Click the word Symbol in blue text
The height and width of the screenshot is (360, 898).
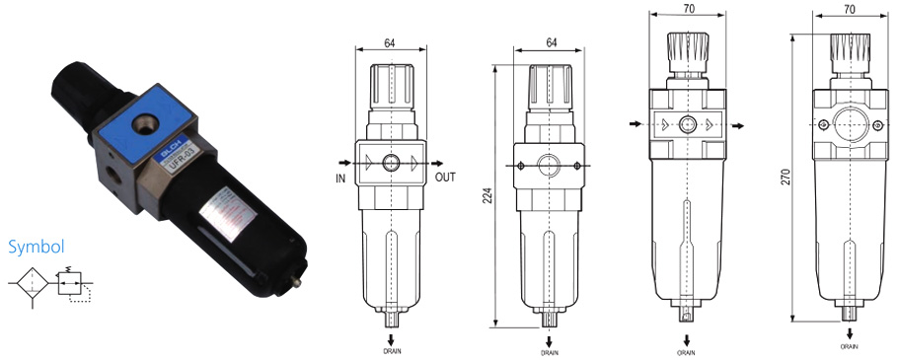pos(36,247)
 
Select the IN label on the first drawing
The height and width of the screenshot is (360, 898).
pos(338,179)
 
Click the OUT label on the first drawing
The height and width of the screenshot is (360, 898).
pos(445,179)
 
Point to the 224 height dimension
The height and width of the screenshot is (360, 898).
pos(487,196)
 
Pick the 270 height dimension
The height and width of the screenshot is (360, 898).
pos(786,179)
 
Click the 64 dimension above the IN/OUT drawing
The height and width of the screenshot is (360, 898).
pos(390,42)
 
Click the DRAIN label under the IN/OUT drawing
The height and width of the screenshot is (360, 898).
pos(392,350)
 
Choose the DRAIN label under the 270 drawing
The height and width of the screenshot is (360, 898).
pos(849,346)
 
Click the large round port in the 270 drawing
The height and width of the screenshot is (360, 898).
pos(849,124)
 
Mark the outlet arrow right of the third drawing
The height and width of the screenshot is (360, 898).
pos(737,125)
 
